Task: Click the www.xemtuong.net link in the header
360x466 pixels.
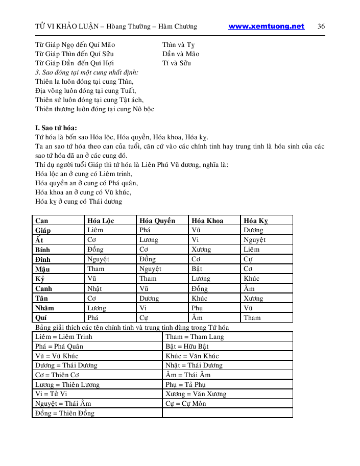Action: click(x=266, y=27)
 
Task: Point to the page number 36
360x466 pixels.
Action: click(x=321, y=27)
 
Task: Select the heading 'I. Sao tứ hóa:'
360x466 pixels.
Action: click(x=56, y=128)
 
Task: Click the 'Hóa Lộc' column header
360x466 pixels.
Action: click(x=101, y=220)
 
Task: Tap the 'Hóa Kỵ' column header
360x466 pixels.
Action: click(x=256, y=220)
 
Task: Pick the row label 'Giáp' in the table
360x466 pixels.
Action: click(x=43, y=230)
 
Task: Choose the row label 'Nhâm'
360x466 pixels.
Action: click(x=45, y=308)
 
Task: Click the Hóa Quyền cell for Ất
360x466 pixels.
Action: click(x=149, y=240)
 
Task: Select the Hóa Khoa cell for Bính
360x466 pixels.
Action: click(x=201, y=250)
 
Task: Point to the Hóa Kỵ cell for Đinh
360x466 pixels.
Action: click(x=250, y=259)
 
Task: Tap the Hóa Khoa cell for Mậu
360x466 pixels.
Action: click(x=197, y=269)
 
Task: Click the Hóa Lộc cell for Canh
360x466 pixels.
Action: click(x=95, y=288)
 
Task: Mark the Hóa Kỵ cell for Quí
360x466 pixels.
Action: click(x=252, y=317)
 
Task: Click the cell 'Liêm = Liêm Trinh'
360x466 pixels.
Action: click(x=59, y=337)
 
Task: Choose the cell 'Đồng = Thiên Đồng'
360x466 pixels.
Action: click(x=65, y=413)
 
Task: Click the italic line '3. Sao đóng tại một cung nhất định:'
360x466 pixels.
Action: click(x=87, y=72)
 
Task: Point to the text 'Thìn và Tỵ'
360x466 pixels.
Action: click(x=179, y=45)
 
